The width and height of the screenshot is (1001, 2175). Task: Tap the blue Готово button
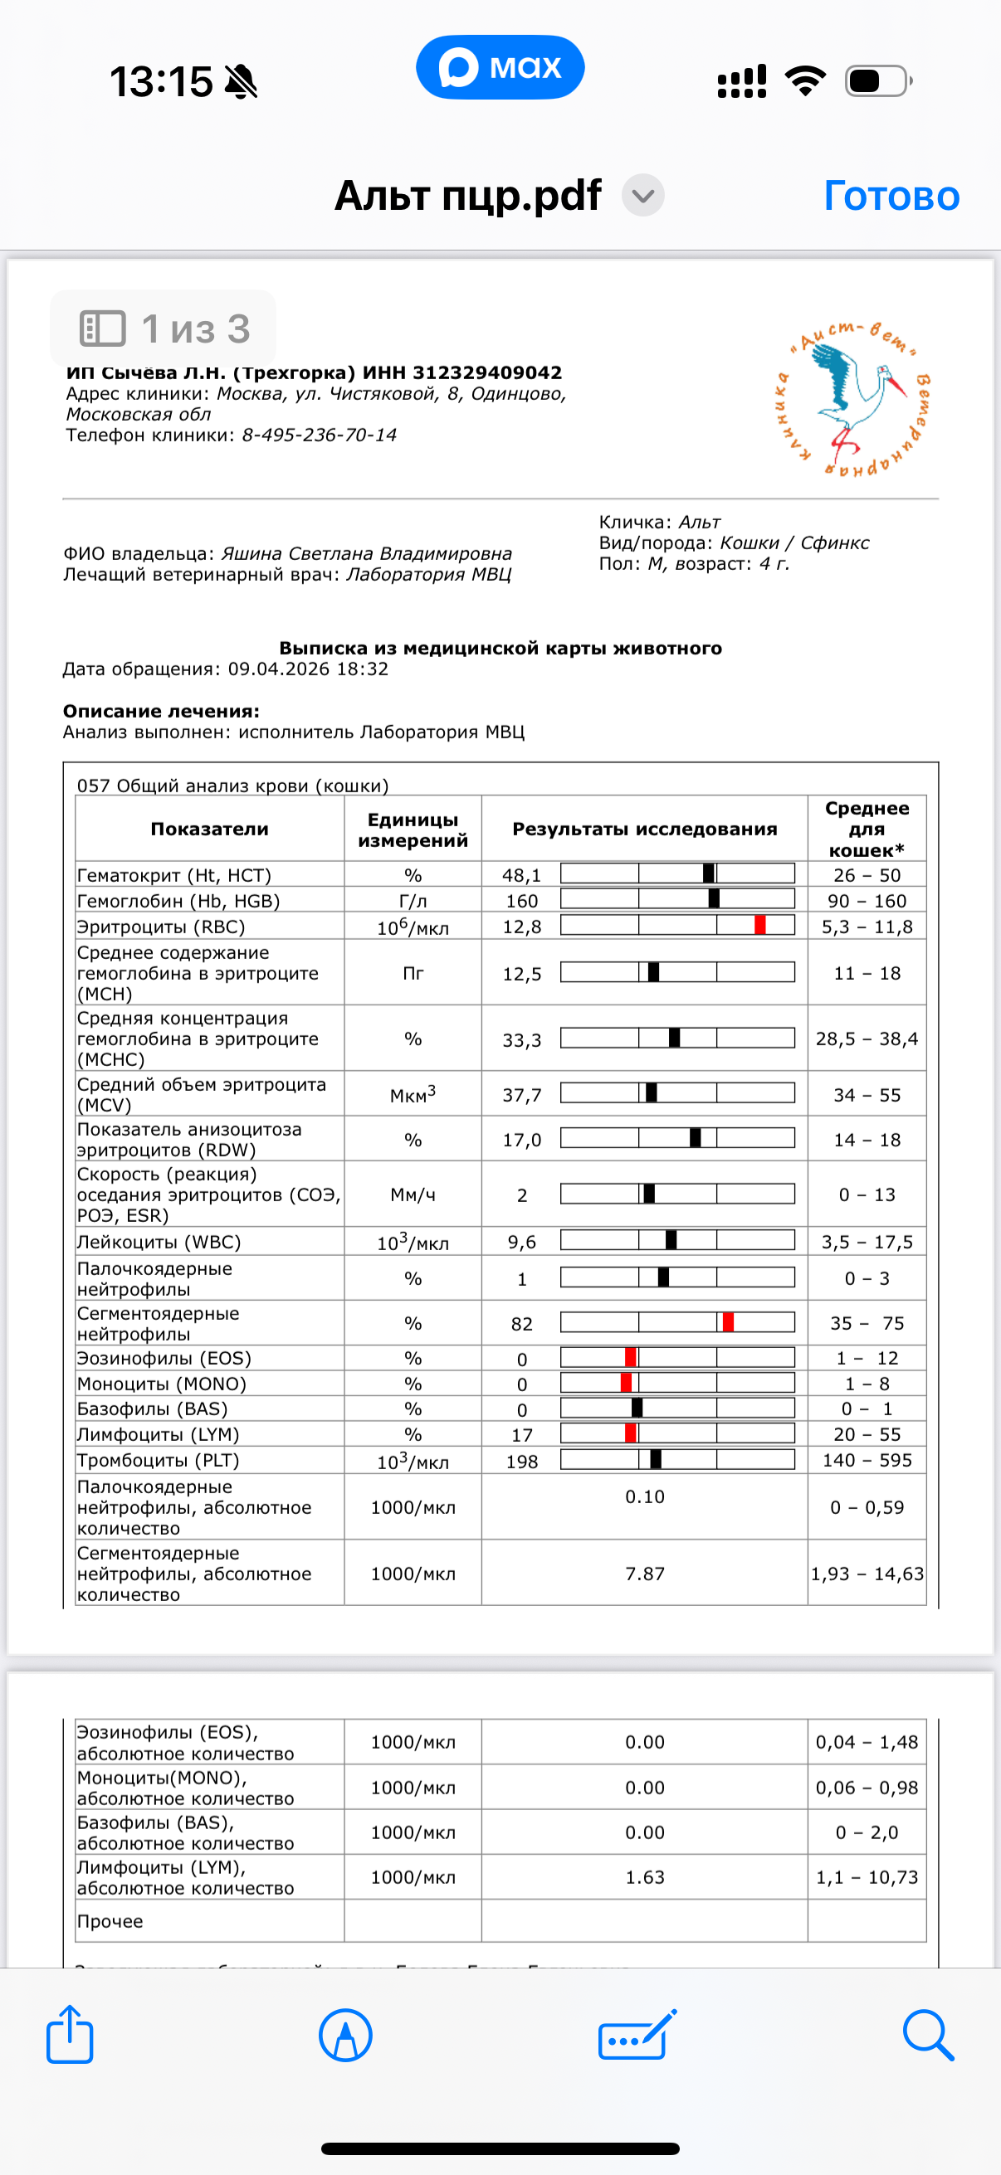891,196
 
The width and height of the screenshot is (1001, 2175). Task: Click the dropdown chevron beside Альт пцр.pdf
642,196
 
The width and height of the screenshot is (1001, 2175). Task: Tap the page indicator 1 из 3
164,328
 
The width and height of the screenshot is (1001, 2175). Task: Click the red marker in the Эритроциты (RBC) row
760,926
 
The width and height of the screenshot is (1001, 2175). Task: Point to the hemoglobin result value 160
522,901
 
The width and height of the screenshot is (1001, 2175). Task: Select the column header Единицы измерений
413,830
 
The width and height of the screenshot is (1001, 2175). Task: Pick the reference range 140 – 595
867,1460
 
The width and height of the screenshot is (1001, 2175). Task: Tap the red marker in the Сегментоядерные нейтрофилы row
728,1322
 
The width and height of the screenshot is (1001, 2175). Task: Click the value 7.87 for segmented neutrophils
645,1573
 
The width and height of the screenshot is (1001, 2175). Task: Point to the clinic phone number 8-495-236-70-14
320,435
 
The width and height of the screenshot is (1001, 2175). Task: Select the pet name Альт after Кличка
700,522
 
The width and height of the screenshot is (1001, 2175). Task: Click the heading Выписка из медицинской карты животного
500,648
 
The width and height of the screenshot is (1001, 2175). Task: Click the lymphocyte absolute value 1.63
645,1876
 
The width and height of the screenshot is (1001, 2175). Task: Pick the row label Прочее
110,1921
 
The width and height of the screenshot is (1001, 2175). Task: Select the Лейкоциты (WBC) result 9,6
522,1242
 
